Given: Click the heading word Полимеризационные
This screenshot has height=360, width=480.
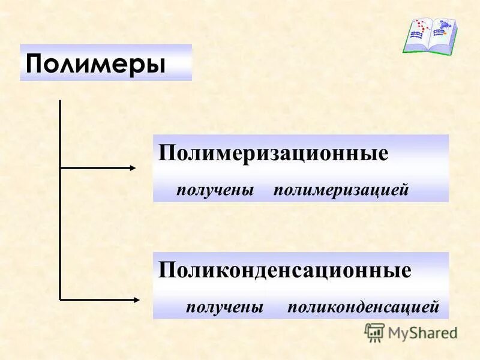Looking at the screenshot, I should click(x=273, y=152).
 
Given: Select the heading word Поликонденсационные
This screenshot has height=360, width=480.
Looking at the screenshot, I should click(x=284, y=269).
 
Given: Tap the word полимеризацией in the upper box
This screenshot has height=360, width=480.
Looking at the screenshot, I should click(x=341, y=190).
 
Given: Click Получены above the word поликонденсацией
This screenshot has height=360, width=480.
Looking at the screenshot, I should click(x=224, y=308).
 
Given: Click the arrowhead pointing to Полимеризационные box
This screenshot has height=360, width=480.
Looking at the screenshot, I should click(x=133, y=168).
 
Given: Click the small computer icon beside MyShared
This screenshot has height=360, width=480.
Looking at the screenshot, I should click(x=374, y=332).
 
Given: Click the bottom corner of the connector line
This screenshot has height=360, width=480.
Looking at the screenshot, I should click(x=61, y=298).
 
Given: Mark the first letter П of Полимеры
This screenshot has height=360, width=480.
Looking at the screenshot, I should click(x=34, y=63).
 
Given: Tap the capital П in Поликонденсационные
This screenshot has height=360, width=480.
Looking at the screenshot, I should click(x=166, y=269).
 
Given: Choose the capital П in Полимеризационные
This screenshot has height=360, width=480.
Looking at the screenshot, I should click(x=166, y=152).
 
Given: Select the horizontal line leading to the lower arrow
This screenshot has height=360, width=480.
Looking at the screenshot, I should click(x=96, y=298).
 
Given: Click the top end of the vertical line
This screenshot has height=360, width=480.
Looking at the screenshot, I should click(x=60, y=101).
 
